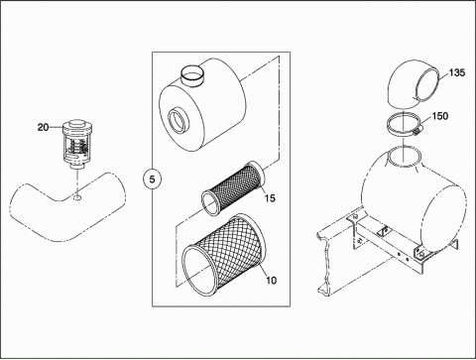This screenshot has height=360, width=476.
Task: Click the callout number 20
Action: click(x=43, y=127)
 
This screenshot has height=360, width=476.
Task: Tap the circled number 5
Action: click(x=152, y=180)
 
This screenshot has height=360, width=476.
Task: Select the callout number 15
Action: click(x=270, y=198)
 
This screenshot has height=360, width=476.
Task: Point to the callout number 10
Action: click(x=271, y=281)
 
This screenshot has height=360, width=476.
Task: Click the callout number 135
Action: click(x=457, y=72)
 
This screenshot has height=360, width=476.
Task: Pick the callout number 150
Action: click(x=440, y=116)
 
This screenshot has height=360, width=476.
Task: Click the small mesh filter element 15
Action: click(x=233, y=187)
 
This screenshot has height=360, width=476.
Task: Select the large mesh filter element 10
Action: click(x=224, y=255)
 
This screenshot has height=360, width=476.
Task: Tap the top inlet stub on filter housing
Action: click(x=193, y=75)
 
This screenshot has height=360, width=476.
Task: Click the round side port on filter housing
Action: click(x=177, y=120)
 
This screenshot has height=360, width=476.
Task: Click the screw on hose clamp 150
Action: click(x=417, y=132)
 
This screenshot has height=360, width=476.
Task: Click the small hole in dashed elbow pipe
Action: click(x=77, y=197)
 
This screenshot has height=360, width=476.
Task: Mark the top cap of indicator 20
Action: click(x=77, y=126)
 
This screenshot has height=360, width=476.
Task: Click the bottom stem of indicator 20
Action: click(x=77, y=166)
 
